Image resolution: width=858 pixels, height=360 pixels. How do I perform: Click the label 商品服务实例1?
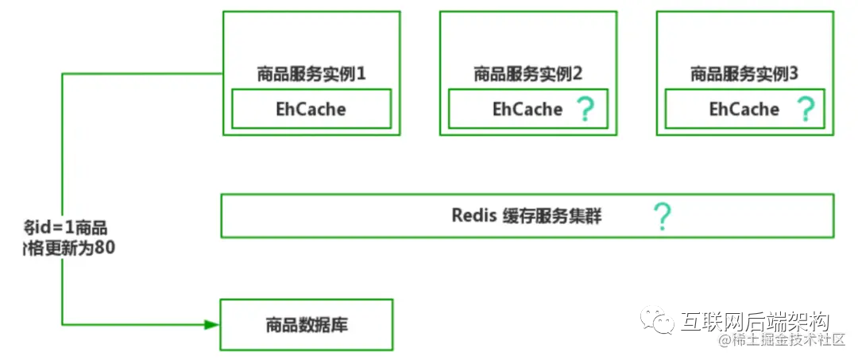tap(311, 74)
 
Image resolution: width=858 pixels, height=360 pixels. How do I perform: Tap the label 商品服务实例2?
tap(528, 74)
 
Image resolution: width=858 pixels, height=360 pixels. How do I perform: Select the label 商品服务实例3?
tap(744, 74)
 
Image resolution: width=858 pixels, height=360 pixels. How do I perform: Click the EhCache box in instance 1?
tap(311, 109)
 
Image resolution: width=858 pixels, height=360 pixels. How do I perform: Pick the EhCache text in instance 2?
tap(528, 109)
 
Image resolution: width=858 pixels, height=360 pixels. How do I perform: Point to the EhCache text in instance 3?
tap(744, 109)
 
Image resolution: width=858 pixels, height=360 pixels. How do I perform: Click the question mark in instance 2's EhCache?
tap(585, 109)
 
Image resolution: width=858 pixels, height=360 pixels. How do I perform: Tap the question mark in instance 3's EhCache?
tap(806, 109)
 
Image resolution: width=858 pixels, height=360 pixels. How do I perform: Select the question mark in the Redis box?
tap(661, 215)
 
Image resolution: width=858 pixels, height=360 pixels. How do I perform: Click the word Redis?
tap(474, 215)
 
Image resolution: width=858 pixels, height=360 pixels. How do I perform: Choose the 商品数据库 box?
tap(306, 324)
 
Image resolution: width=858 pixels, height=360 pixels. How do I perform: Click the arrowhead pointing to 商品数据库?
tap(211, 324)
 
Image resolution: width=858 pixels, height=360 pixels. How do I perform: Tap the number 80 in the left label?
tap(105, 247)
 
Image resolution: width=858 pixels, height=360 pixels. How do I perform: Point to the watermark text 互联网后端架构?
tap(755, 321)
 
